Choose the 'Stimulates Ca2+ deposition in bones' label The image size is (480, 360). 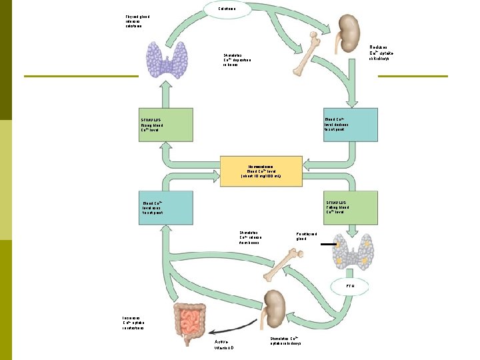pos(237,60)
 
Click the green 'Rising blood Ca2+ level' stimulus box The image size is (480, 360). pos(164,124)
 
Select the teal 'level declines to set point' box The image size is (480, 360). pos(350,124)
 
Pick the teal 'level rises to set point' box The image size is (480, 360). pos(164,207)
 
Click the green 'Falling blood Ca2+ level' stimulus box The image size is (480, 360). pos(350,207)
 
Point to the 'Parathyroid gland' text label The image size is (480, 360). pos(306,237)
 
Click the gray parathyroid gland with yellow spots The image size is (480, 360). pos(350,253)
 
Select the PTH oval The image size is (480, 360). pos(350,287)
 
